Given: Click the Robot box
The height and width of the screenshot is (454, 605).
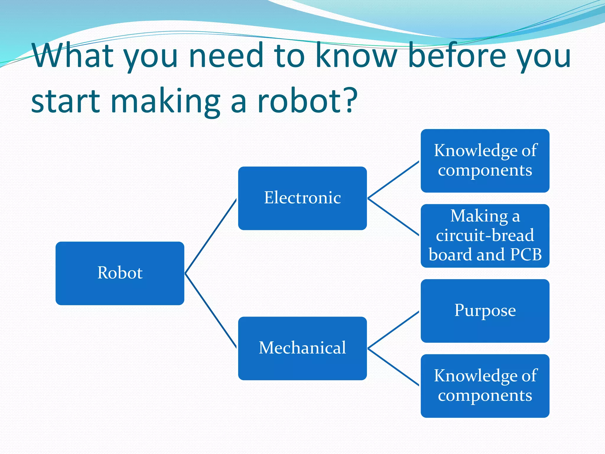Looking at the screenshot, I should tap(120, 273).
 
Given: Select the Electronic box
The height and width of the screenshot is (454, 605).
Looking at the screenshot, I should tap(302, 198).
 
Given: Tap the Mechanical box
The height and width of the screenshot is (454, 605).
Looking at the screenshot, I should tap(302, 348).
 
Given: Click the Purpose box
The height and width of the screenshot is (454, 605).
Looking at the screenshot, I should tap(485, 311).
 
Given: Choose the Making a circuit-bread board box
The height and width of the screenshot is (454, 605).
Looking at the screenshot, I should tap(485, 236).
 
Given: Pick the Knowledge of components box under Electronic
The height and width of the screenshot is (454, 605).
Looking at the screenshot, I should tap(485, 160).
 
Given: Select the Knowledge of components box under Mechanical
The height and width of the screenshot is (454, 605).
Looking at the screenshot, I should tap(485, 386).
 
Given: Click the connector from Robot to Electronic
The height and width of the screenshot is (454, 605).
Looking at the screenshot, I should tap(211, 236).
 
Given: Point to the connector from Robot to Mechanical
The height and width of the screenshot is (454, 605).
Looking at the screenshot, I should tap(211, 310).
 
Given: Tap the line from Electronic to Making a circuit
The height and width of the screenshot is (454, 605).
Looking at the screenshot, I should tap(393, 217).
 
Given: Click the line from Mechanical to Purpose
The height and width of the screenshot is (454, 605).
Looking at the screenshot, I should tap(393, 330).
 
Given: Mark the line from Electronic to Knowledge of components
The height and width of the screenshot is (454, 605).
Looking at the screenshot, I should tap(393, 179).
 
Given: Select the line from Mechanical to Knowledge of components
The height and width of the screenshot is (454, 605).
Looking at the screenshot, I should tap(393, 367).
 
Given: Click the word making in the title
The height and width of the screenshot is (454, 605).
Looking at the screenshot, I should tap(165, 102).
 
